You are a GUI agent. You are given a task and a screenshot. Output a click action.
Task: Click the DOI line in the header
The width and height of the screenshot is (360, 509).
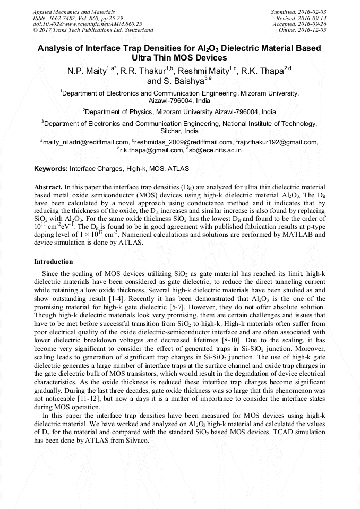coord(87,24)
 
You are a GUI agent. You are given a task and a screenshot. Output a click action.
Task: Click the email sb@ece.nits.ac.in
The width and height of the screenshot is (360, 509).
coord(215,150)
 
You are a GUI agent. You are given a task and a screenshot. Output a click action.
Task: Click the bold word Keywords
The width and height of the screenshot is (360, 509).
coord(50,169)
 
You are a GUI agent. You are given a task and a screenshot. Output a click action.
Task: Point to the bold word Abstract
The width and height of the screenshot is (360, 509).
coord(48,188)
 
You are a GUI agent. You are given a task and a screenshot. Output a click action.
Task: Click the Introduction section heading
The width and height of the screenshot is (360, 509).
coord(54,262)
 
